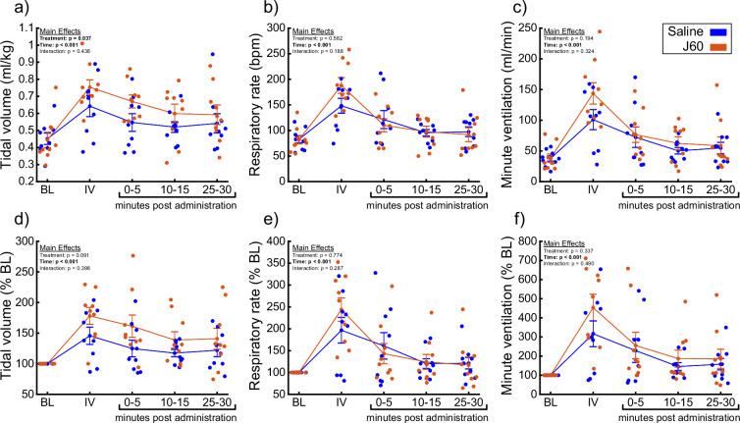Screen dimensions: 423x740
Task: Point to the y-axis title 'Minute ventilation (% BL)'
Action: point(509,320)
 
